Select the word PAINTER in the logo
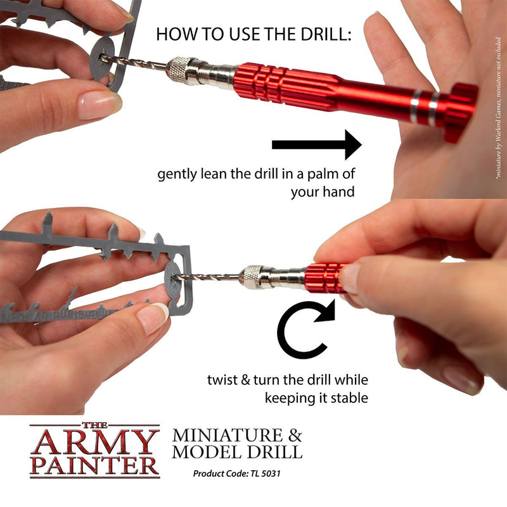coord(94,465)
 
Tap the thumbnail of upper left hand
coord(99,105)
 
